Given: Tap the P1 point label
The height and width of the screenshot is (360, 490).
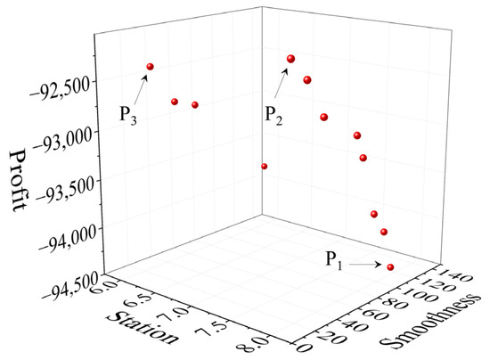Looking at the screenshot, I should click(332, 260).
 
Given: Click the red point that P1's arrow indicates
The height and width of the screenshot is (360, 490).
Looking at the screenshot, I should click(390, 266).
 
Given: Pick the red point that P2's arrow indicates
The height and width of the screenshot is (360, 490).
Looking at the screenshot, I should click(290, 59).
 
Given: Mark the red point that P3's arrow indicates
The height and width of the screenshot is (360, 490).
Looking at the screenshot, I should click(150, 67).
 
